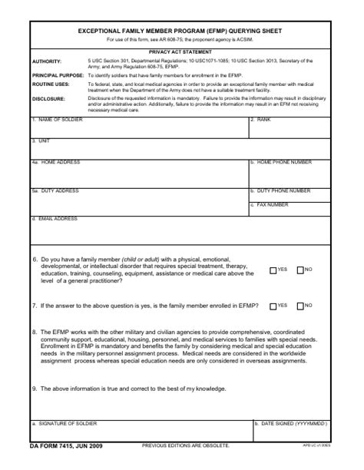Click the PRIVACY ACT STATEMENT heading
point(181,51)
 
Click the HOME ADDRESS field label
point(58,162)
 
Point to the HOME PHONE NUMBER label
point(283,162)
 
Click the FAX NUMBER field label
point(272,204)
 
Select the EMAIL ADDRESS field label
point(56,219)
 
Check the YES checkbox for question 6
point(273,270)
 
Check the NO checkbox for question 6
point(299,270)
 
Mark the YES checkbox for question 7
point(273,306)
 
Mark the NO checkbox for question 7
point(299,306)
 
